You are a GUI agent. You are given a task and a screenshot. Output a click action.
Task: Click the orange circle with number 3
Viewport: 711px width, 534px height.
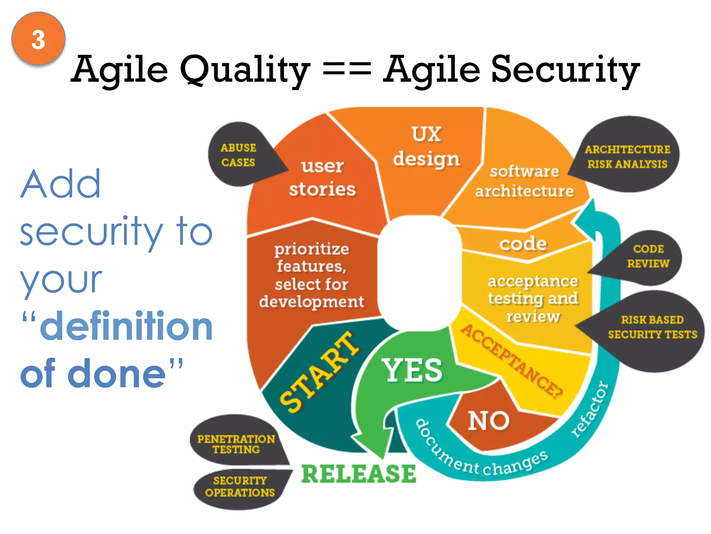coord(38,39)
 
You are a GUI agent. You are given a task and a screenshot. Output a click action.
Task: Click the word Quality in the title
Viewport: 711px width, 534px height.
coord(244,70)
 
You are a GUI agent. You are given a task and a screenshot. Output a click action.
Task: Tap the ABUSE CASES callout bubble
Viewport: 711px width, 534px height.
coord(239,155)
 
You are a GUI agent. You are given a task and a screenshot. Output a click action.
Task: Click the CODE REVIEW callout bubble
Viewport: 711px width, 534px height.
coord(648,256)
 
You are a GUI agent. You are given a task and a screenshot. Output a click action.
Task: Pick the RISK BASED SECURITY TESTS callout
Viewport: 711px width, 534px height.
coord(652,327)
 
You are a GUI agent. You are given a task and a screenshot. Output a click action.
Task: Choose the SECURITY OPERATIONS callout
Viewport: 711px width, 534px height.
coord(240,487)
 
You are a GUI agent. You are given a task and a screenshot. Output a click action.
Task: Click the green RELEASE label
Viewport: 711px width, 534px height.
coord(358,474)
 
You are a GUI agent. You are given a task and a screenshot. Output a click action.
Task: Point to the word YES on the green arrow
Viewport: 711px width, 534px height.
coord(412,371)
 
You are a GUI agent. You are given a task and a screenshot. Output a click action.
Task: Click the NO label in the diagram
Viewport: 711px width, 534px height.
coord(489,421)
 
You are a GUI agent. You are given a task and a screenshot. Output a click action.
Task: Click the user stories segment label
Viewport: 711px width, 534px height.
coord(323,178)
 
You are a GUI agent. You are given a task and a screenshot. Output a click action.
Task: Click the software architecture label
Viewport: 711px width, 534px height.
coord(524,181)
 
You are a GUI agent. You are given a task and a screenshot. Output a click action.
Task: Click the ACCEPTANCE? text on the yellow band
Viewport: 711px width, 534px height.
coord(512,362)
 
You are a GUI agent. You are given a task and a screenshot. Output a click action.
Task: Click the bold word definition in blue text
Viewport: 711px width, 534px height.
coord(126,326)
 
